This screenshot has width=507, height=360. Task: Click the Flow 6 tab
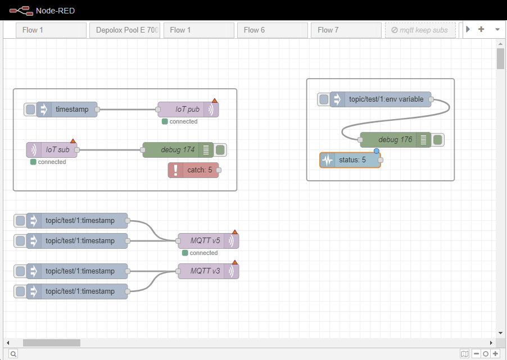(x=272, y=30)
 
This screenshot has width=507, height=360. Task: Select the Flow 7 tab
(x=346, y=30)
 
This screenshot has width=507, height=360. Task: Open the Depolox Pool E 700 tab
(x=125, y=30)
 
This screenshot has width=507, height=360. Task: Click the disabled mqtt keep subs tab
(x=420, y=30)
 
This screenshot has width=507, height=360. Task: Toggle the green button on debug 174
(x=221, y=150)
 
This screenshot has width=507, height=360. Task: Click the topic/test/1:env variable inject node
(x=386, y=99)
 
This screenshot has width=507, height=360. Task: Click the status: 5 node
(x=354, y=160)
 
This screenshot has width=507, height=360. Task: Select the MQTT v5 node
(x=203, y=241)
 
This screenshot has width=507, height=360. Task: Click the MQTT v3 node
(x=203, y=271)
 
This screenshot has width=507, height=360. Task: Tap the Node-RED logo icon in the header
(x=20, y=10)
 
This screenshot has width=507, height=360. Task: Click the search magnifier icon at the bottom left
(x=13, y=354)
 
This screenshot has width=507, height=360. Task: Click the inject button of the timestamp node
(x=30, y=110)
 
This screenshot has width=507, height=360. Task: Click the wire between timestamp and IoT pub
(x=127, y=110)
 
